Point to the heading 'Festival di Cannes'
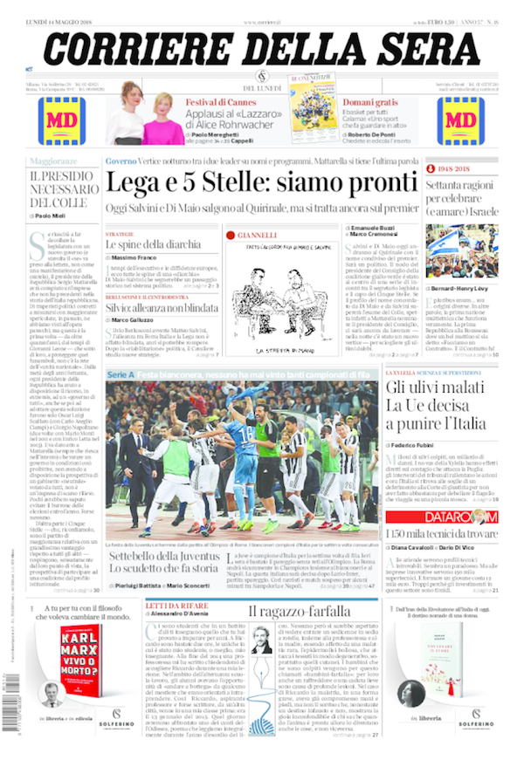click(x=219, y=102)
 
